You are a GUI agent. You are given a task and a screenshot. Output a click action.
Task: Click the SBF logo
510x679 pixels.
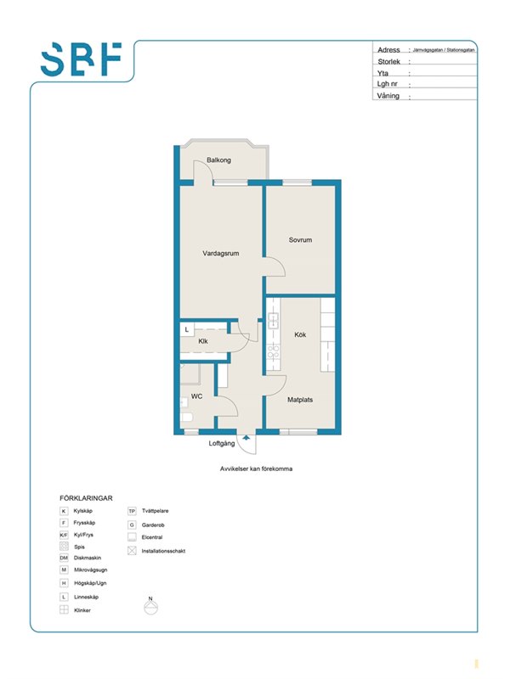point(81,59)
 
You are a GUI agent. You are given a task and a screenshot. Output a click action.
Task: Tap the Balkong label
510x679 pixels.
point(218,160)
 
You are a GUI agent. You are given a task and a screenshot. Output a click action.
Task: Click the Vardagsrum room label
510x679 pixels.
point(221,253)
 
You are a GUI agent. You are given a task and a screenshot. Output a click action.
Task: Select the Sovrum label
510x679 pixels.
point(300,239)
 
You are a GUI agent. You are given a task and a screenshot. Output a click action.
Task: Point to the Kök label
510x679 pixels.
point(300,334)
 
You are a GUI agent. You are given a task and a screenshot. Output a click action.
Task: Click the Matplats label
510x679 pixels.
point(300,400)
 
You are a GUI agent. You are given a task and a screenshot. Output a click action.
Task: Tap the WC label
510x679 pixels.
point(196,396)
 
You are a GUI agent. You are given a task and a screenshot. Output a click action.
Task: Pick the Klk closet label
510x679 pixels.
point(203,341)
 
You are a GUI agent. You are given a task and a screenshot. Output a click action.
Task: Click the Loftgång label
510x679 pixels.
point(222,443)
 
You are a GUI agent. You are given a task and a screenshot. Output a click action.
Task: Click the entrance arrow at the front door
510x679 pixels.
point(246,438)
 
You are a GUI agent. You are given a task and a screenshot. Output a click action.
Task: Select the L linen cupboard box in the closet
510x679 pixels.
point(187,329)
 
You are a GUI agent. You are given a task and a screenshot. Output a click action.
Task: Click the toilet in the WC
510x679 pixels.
point(186,418)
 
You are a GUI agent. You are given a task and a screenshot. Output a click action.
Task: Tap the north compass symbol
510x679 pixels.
point(151,606)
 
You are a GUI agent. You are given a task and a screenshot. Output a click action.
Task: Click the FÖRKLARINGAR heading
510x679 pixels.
point(86,498)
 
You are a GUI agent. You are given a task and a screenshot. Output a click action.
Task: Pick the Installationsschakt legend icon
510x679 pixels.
point(133,551)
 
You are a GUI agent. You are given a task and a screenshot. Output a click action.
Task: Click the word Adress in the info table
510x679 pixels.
point(388,50)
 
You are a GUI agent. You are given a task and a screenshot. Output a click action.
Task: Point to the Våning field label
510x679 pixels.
point(388,96)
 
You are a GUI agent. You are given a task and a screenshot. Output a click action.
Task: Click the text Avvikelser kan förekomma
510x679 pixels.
point(257,469)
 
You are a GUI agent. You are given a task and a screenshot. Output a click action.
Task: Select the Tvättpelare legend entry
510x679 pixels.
point(148,511)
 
